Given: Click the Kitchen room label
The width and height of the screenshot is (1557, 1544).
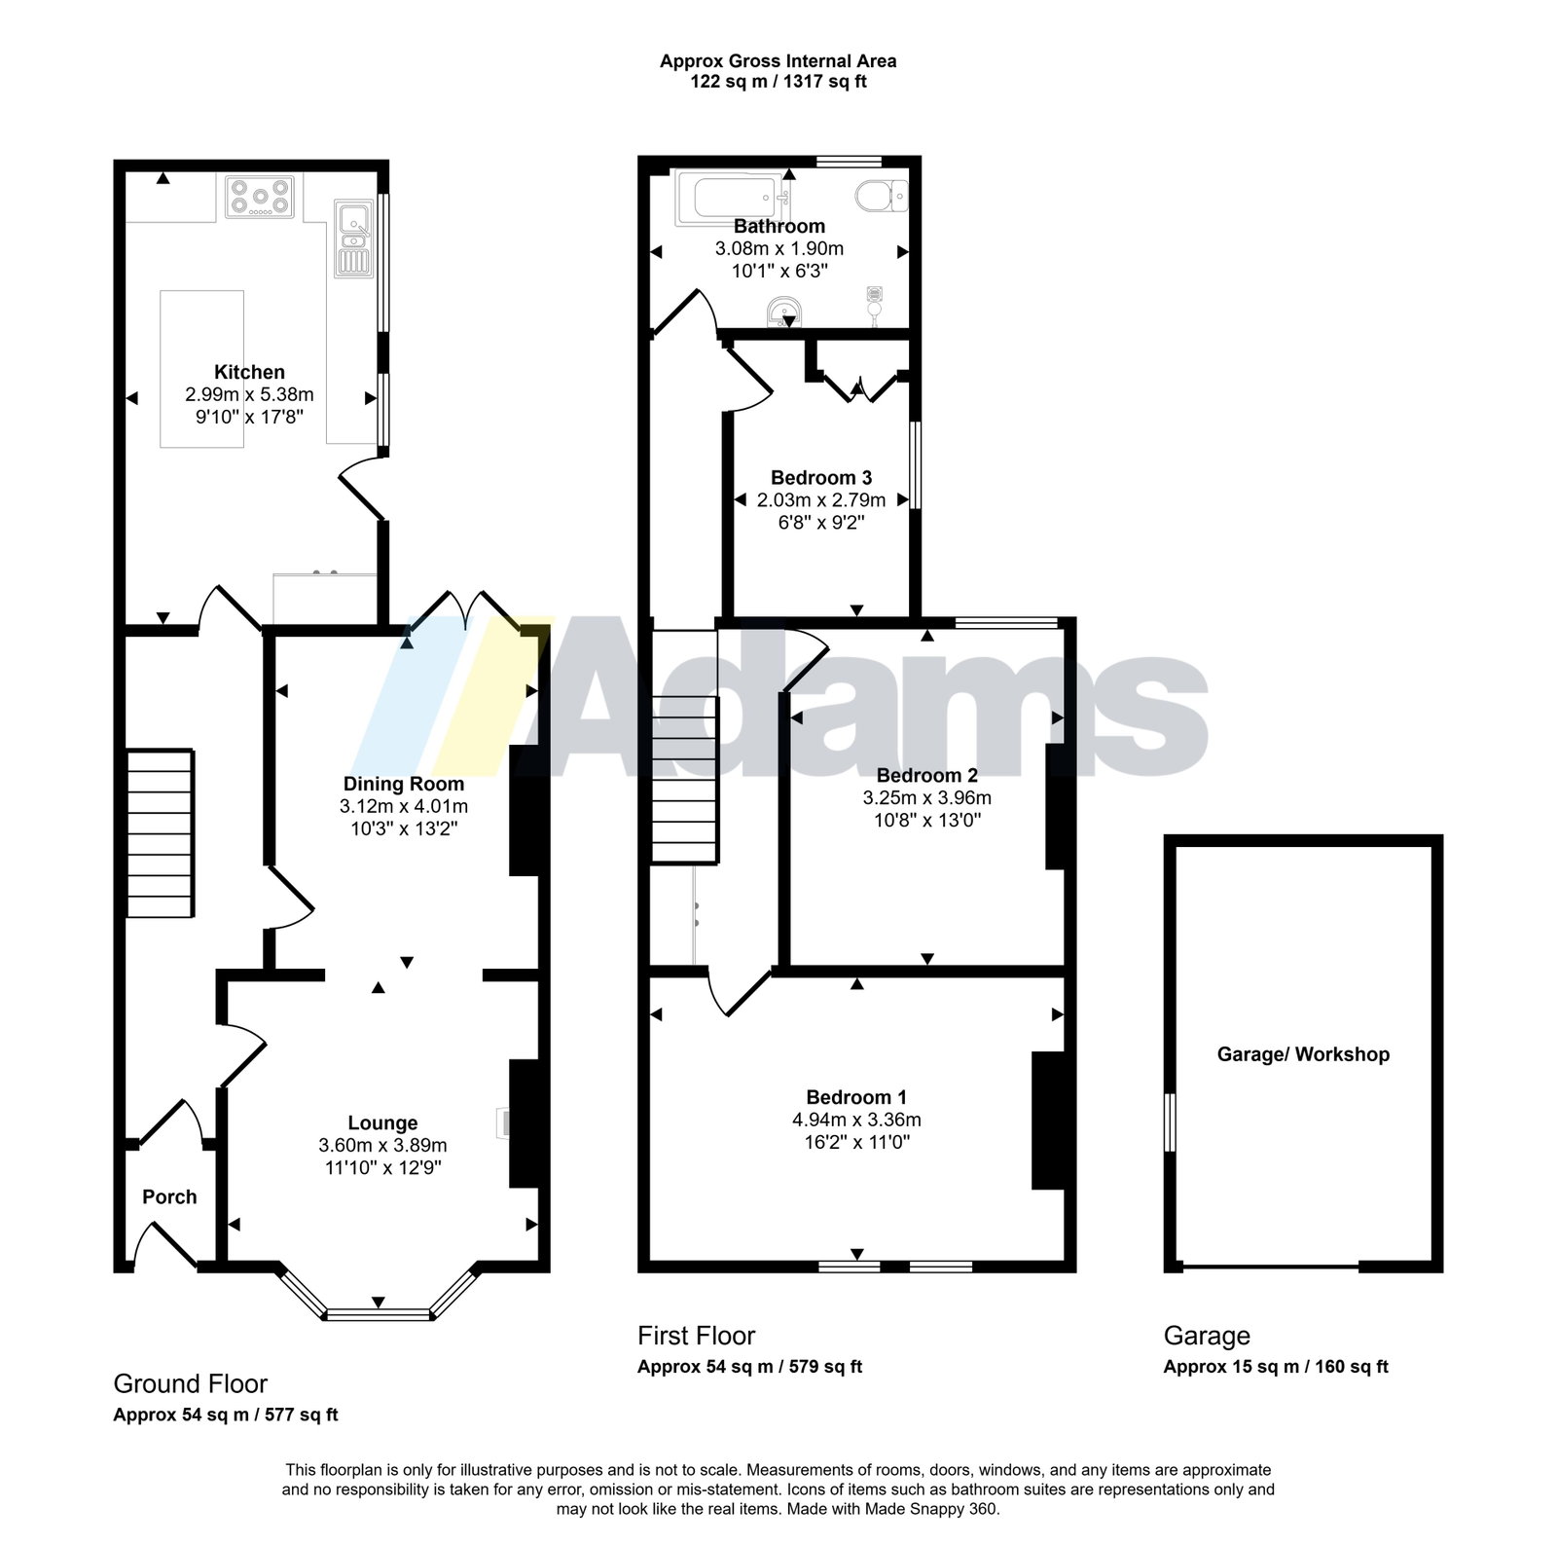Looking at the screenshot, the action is click(x=249, y=372).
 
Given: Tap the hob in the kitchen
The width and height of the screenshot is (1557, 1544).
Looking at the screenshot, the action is click(x=260, y=195).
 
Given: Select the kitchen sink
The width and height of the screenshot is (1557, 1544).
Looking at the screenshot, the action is click(x=351, y=238).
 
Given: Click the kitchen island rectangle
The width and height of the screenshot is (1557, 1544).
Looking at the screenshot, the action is click(x=202, y=369).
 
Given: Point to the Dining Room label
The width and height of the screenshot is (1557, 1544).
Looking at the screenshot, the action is click(x=404, y=784).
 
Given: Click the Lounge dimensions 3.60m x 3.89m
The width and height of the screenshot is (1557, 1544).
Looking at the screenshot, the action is click(x=382, y=1145).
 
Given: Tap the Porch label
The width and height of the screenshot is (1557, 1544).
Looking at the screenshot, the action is click(x=169, y=1196).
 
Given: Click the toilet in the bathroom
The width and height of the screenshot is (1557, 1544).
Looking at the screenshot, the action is click(x=882, y=196).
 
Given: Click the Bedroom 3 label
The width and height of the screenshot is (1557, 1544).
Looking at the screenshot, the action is click(x=821, y=478).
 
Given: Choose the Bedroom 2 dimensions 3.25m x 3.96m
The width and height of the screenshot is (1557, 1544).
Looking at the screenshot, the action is click(x=927, y=797).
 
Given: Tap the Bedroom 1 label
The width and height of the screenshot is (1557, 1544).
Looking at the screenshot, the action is click(x=856, y=1097).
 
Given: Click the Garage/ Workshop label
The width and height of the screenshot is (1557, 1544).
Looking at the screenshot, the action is click(x=1303, y=1054).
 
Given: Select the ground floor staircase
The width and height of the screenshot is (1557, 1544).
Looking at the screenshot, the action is click(x=161, y=833).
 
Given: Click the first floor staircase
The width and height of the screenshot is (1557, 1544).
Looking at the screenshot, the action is click(x=684, y=746).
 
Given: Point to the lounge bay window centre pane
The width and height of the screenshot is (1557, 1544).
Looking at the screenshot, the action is click(x=378, y=1315).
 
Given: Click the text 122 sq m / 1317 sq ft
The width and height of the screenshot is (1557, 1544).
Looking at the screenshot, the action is click(x=778, y=82).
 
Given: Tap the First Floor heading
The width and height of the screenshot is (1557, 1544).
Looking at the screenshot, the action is click(x=696, y=1336).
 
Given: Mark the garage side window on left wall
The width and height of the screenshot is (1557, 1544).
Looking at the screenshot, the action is click(x=1171, y=1122).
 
